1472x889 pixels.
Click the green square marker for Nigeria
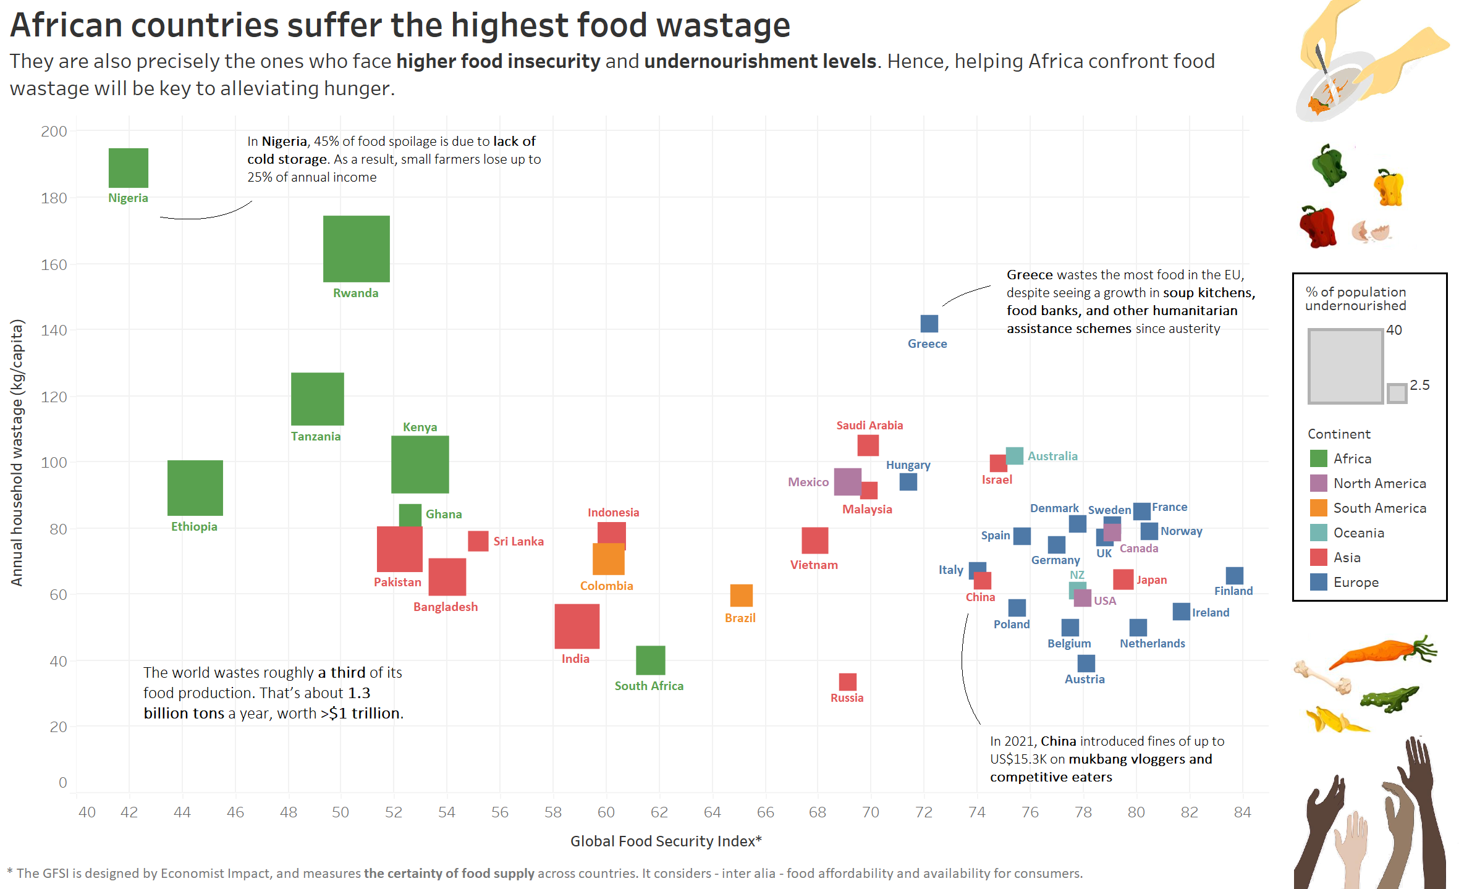[129, 168]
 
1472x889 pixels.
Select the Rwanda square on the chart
[357, 249]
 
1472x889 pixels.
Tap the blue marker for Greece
[929, 324]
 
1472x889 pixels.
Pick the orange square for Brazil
[742, 596]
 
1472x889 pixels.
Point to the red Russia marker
[848, 682]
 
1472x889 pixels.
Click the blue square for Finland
[1235, 576]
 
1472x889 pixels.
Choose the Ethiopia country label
[194, 527]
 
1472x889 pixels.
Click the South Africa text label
[649, 686]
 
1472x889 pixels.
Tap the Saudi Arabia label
[869, 426]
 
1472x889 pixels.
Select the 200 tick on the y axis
[54, 132]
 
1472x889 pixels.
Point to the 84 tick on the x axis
[1242, 812]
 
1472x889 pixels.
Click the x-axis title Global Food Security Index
[666, 841]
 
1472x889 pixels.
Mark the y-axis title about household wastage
[17, 453]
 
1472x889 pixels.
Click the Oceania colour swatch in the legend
[1319, 533]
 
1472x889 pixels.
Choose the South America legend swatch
[1319, 508]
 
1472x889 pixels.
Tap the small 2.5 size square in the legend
[1397, 394]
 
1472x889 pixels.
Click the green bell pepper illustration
[1328, 165]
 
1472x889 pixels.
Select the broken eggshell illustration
[1370, 232]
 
